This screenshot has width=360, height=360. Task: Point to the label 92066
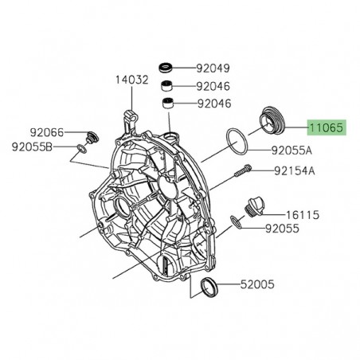(47, 131)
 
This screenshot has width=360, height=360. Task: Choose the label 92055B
(33, 147)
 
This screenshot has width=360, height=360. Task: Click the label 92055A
(292, 150)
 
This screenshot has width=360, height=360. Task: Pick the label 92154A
(295, 170)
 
